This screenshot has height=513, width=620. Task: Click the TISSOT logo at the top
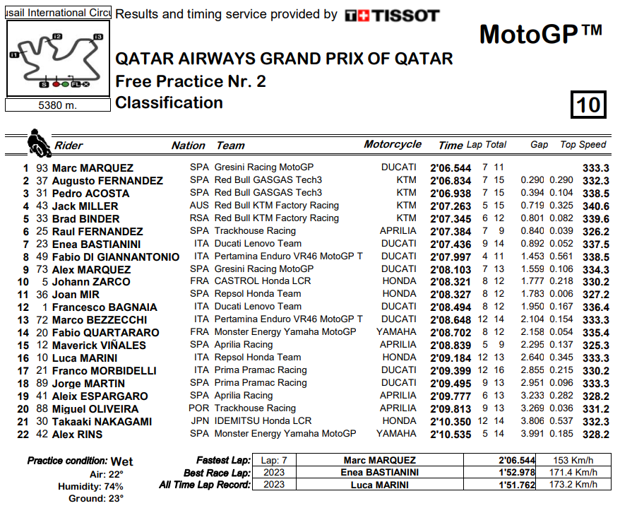[x=392, y=15]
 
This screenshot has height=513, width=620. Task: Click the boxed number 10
[x=588, y=105]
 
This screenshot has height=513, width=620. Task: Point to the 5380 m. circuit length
[x=57, y=105]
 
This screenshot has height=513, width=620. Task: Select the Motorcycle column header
[x=393, y=144]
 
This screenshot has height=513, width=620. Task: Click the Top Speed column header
[x=583, y=144]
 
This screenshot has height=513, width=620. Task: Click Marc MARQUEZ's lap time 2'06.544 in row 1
[x=451, y=167]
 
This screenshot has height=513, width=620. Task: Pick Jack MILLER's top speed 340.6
[x=596, y=206]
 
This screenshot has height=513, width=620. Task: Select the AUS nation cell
[x=199, y=206]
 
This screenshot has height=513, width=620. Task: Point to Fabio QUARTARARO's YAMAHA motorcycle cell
[x=396, y=332]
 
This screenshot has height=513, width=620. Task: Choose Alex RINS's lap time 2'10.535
[x=451, y=434]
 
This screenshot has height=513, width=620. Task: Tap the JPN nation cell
[x=199, y=421]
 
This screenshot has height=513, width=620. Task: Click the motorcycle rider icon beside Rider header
[x=37, y=143]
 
